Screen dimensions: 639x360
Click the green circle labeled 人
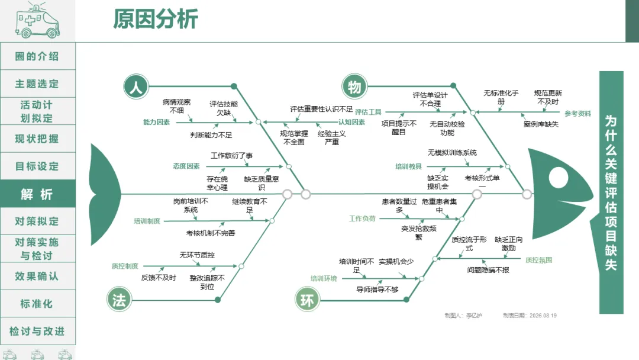coord(136,86)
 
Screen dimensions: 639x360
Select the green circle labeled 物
coord(354,86)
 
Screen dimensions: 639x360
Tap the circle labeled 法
coord(119,300)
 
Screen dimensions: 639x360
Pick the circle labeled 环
coord(307,300)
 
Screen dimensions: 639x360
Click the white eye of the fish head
coord(559,178)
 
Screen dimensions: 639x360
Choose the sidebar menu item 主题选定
coord(37,84)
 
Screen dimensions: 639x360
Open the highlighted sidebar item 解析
coord(37,194)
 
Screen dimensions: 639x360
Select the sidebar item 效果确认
coord(37,277)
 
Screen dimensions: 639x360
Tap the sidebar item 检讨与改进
coord(37,331)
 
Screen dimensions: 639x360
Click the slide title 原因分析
coord(156,19)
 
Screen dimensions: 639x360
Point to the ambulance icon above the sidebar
coord(37,20)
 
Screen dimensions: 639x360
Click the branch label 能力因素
coord(156,122)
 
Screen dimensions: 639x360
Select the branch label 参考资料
coord(577,113)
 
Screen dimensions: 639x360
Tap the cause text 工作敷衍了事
coord(231,155)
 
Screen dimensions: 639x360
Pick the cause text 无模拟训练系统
coord(452,153)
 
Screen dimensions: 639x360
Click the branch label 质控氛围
coord(539,260)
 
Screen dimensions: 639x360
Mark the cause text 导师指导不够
coord(377,290)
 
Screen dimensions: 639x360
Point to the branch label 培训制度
coord(147,221)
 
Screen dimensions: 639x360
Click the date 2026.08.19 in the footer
coord(543,316)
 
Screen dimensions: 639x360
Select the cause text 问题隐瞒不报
coord(488,270)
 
